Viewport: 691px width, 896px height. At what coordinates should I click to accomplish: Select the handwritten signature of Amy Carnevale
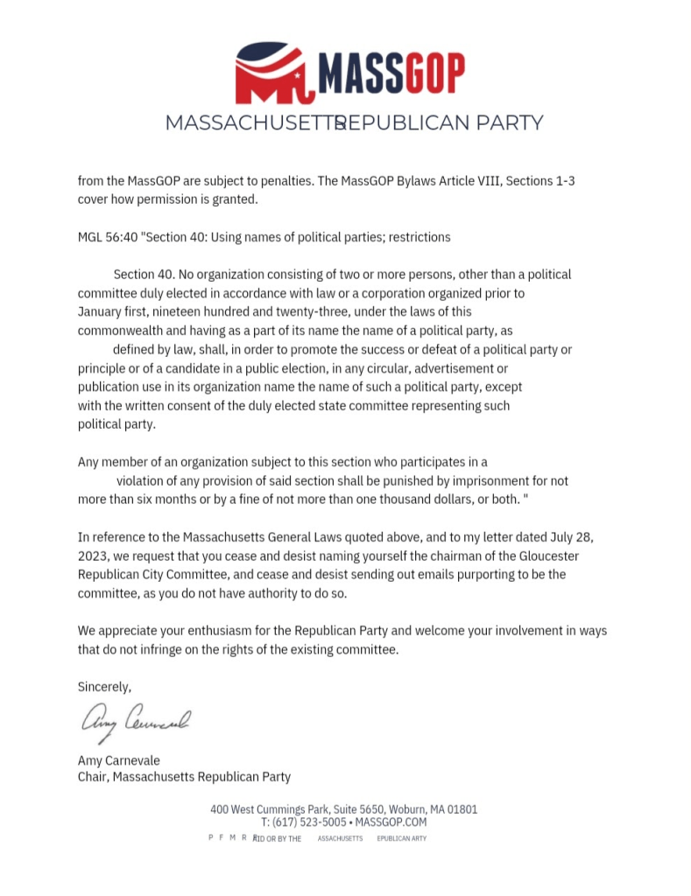click(136, 722)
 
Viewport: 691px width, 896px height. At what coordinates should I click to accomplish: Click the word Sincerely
click(104, 687)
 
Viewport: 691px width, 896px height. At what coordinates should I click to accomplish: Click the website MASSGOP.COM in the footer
click(391, 822)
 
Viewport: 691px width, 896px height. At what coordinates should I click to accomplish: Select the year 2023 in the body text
click(92, 556)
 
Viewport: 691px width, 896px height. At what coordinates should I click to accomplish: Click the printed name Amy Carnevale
click(119, 760)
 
